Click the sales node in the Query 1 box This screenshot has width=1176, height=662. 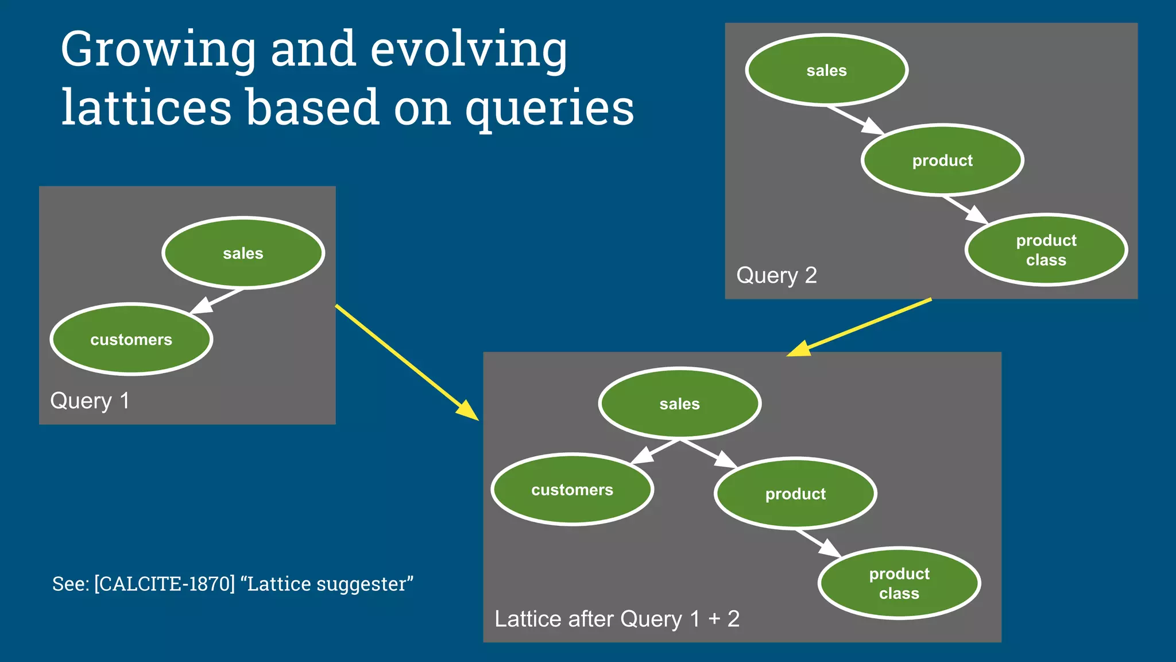point(243,253)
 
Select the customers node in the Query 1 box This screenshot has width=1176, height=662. point(131,340)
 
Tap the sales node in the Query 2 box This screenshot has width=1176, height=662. point(826,70)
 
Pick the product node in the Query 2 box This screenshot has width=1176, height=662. point(942,160)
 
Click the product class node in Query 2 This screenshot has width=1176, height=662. point(1046,250)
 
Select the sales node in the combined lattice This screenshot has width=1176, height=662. point(679,404)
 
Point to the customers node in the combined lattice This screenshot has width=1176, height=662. point(572,490)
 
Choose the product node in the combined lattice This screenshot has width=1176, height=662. point(795,494)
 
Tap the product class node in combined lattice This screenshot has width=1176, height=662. point(899,583)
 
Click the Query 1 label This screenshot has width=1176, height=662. point(90,401)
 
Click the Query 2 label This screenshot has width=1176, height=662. point(776,275)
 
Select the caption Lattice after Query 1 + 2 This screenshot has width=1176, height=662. point(617,619)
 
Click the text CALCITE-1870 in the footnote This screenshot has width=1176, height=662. point(164,584)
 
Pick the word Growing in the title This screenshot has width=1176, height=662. point(158,51)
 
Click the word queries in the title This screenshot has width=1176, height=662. point(549,109)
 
